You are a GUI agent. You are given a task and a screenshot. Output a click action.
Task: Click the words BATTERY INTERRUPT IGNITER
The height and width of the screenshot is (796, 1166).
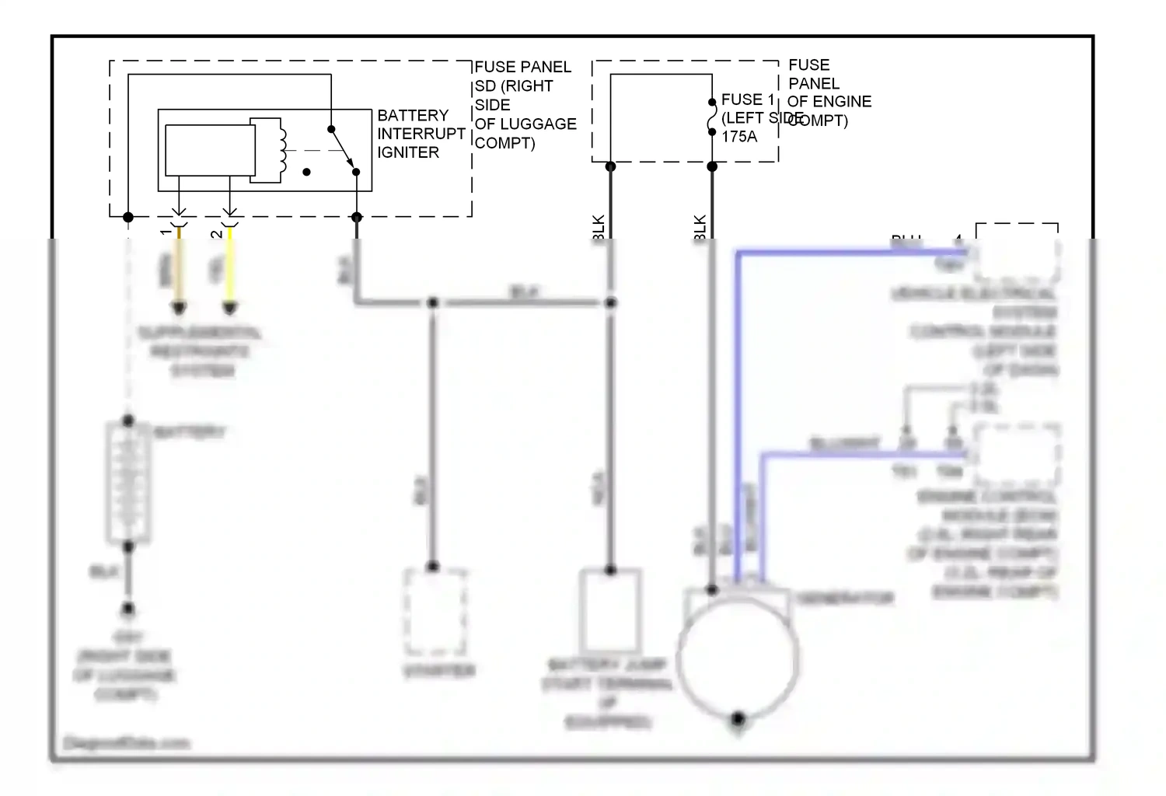[421, 134]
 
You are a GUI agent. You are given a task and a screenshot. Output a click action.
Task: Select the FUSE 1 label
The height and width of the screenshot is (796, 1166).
[748, 99]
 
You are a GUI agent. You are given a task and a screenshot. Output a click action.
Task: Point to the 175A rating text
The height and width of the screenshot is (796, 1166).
[738, 137]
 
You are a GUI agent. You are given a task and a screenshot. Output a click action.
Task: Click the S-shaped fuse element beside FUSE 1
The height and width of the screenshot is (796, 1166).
[711, 117]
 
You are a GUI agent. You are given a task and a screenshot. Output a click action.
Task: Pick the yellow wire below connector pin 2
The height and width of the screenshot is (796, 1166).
[229, 272]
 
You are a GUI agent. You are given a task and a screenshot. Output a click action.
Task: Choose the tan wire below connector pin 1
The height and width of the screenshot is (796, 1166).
[179, 272]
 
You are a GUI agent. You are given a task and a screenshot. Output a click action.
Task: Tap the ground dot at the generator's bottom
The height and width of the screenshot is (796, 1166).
[738, 718]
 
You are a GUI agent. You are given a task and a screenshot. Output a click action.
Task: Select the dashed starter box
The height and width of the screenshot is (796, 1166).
[435, 612]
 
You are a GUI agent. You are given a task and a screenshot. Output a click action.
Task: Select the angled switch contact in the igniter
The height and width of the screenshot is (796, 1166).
[344, 150]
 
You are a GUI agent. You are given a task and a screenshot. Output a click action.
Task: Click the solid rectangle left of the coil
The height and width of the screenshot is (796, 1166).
[210, 150]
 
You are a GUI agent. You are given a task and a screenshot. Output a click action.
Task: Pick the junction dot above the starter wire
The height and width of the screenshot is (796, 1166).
[433, 302]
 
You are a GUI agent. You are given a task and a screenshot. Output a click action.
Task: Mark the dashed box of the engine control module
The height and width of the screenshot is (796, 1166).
[1017, 455]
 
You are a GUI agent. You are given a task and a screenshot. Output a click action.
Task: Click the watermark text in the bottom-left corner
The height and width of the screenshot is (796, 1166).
[126, 743]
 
